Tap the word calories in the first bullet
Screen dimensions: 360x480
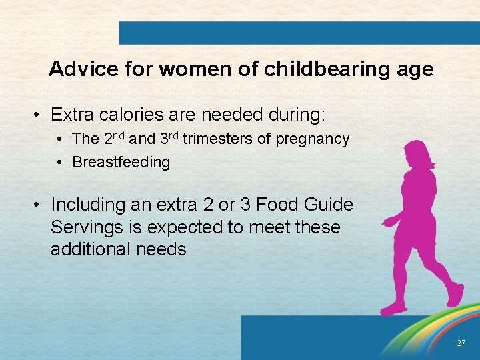(130, 115)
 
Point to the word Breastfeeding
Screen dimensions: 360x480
(121, 162)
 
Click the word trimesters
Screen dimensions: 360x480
(214, 139)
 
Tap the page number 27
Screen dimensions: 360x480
(461, 343)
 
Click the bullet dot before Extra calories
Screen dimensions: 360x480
(39, 115)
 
